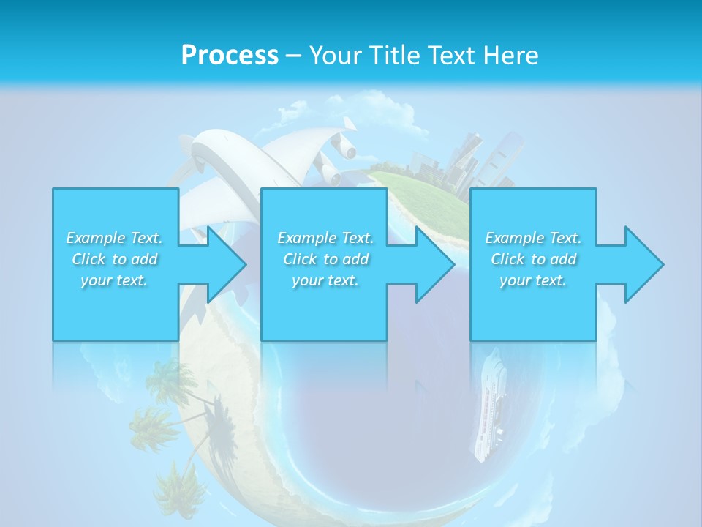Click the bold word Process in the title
point(230,56)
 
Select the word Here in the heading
point(513,56)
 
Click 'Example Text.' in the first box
point(114,238)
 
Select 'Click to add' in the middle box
point(325,259)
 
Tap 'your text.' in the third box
point(532,280)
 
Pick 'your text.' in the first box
point(114,280)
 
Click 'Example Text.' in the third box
point(533,238)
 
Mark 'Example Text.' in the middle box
point(325,238)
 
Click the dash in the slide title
point(293,56)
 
